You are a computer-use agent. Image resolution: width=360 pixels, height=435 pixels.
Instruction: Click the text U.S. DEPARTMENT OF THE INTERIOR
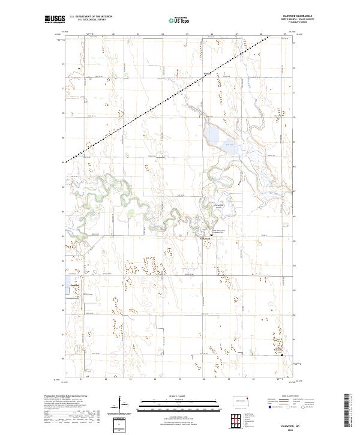91,16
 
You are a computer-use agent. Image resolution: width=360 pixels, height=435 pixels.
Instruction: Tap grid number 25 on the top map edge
187,34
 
